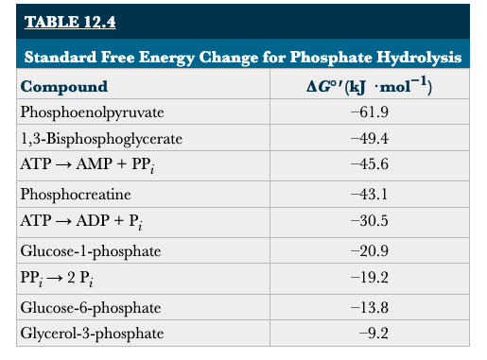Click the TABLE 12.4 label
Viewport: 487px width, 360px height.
[64, 21]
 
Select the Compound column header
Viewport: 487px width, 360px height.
[64, 87]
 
